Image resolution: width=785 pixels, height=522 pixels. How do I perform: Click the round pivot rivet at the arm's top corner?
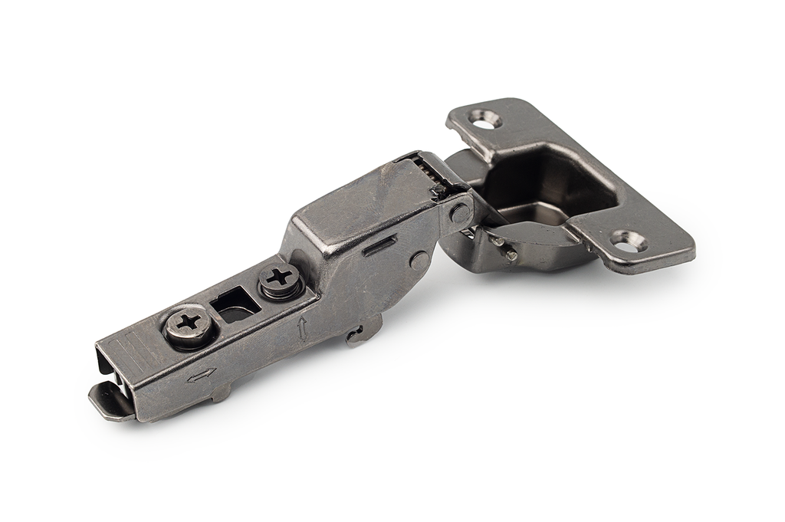tap(461, 212)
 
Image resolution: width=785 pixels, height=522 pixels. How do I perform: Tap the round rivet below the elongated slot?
tap(419, 260)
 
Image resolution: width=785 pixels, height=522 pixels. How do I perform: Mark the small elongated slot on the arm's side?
tap(380, 246)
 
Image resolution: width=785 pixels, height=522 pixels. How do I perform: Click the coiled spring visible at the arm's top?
tap(430, 170)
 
